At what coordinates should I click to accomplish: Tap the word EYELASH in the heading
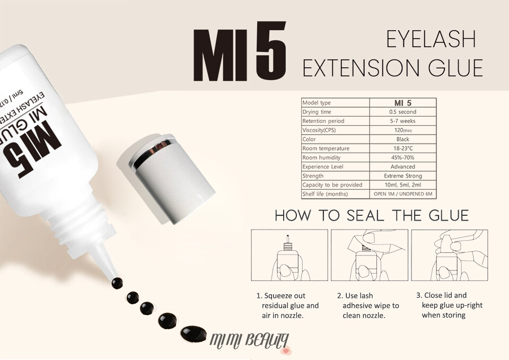(431, 39)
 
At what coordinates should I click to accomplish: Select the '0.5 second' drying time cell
(403, 112)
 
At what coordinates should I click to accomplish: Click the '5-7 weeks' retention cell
(403, 121)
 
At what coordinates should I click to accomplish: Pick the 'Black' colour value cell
(403, 139)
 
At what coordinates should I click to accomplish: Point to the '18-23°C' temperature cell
(403, 148)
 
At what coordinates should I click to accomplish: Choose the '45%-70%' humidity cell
(403, 157)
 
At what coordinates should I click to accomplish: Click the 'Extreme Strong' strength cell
(403, 175)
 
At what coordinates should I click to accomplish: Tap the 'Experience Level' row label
(323, 166)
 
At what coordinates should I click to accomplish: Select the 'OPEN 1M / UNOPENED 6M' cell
(403, 194)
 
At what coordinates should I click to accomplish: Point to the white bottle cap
(166, 178)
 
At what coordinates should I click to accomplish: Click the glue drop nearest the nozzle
(117, 283)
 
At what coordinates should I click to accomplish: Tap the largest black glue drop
(194, 333)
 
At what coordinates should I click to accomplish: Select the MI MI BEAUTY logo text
(249, 341)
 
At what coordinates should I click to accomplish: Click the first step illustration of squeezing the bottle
(289, 255)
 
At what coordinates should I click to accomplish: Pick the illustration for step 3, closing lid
(450, 255)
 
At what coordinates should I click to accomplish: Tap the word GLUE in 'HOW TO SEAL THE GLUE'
(449, 216)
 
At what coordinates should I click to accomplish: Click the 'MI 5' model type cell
(403, 102)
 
